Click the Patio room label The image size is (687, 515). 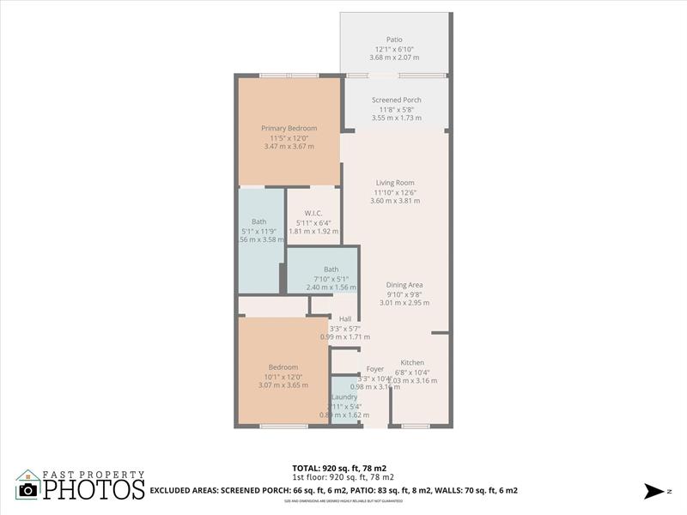coord(394,39)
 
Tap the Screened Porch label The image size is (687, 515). coord(396,100)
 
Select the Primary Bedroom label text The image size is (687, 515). coord(289,129)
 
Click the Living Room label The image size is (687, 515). coord(395,183)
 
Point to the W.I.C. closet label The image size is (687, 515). coord(312,214)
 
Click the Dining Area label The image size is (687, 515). coord(404,285)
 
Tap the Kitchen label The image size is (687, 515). coord(412,363)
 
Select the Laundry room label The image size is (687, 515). coord(344,397)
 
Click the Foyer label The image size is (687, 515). coord(375,369)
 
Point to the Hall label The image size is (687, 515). coord(345,319)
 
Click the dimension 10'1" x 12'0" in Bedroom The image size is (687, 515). coord(283,377)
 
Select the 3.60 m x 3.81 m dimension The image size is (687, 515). coord(395,201)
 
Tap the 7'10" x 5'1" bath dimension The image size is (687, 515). coord(331,279)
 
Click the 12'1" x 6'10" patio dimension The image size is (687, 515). coord(395,49)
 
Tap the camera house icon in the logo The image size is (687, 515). coord(27,486)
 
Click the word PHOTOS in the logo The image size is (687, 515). coord(94,490)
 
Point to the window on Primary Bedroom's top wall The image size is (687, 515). coord(289,76)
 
